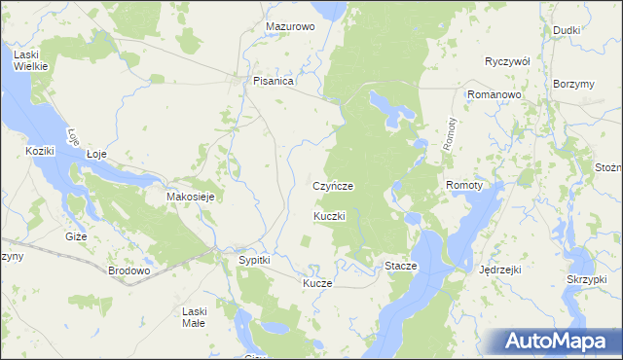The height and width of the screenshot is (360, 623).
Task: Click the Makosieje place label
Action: [191, 197]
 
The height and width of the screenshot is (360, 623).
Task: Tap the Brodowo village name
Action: [128, 270]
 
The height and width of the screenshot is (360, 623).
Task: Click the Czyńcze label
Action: [332, 185]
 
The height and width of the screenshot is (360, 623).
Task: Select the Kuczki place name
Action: [330, 215]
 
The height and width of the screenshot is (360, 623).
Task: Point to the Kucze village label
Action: [317, 283]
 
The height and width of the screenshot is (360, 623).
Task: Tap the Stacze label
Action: [401, 266]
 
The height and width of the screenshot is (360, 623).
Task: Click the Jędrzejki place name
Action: [502, 270]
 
